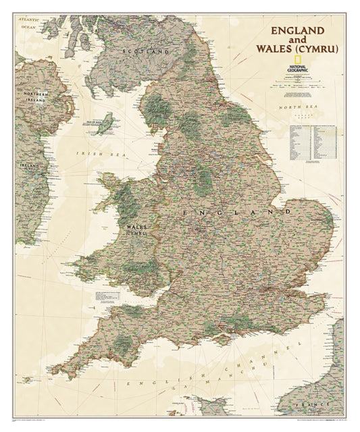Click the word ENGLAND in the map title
click(x=299, y=30)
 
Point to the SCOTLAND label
click(x=143, y=51)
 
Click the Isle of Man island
click(x=106, y=123)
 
